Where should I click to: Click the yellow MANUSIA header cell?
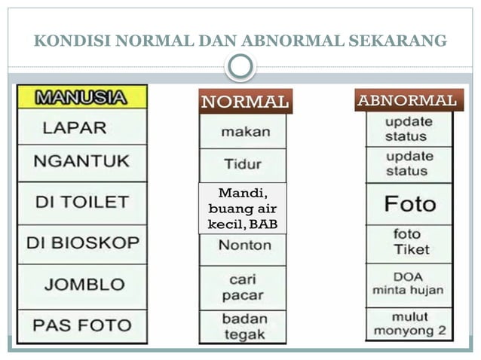point(82,97)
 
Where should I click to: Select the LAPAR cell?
point(82,127)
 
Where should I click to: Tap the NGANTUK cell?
point(82,161)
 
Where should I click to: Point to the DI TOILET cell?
point(82,202)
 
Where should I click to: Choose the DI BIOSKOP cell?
point(82,243)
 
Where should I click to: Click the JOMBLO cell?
point(82,284)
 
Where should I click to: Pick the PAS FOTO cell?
point(82,325)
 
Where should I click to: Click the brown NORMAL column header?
point(244,101)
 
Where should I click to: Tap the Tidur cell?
point(243,163)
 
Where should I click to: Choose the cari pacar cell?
point(243,286)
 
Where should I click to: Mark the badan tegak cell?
point(243,327)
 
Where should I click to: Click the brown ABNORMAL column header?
point(408,100)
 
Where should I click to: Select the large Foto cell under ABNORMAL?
point(409,204)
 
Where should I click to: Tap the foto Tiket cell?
point(409,243)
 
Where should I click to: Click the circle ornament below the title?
point(240,67)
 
